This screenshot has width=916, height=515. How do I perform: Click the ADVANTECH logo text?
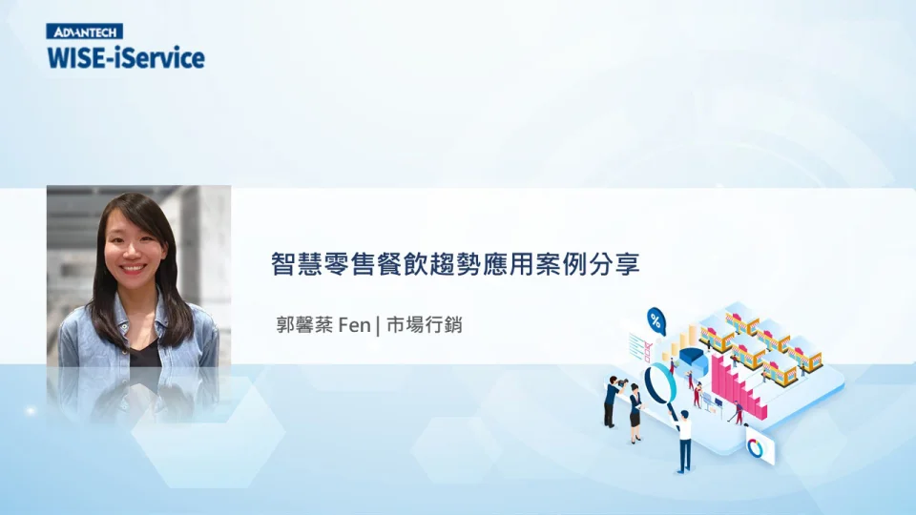click(x=84, y=31)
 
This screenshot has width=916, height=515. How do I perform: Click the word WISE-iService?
click(x=125, y=57)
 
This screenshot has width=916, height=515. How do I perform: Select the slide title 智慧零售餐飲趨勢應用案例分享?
click(x=454, y=263)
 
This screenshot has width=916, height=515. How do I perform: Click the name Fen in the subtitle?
click(x=354, y=324)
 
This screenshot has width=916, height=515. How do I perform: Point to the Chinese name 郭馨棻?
click(x=303, y=324)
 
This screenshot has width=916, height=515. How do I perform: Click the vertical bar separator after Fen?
click(x=378, y=324)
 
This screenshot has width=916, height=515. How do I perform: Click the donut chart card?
click(x=760, y=446)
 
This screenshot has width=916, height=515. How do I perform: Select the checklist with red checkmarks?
click(x=638, y=343)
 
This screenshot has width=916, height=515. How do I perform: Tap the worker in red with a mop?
click(x=738, y=413)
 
